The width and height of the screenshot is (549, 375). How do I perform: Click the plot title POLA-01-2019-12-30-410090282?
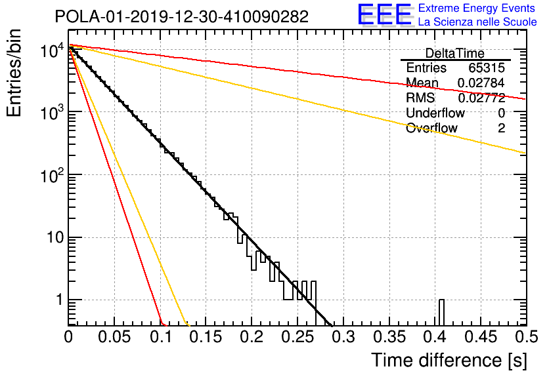pyautogui.click(x=182, y=16)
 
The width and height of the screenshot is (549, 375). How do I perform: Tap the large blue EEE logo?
pyautogui.click(x=385, y=14)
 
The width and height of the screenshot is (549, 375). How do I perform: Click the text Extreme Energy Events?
pyautogui.click(x=477, y=8)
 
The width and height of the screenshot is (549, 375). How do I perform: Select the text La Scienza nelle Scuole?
pyautogui.click(x=477, y=22)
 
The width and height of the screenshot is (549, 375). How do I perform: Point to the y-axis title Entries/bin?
pyautogui.click(x=14, y=73)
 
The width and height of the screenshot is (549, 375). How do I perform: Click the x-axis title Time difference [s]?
pyautogui.click(x=449, y=360)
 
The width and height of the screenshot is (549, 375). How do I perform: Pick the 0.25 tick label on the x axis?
pyautogui.click(x=298, y=337)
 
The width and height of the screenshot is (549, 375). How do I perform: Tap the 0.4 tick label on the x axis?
pyautogui.click(x=435, y=337)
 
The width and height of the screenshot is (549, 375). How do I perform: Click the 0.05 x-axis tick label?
pyautogui.click(x=114, y=337)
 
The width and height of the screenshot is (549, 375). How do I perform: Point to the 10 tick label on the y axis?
pyautogui.click(x=55, y=238)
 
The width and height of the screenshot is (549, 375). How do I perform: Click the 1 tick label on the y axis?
pyautogui.click(x=60, y=300)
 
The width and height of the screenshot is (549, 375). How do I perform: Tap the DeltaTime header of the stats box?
pyautogui.click(x=455, y=54)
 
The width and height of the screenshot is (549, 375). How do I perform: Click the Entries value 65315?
pyautogui.click(x=487, y=68)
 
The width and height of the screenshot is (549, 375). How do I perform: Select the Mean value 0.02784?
pyautogui.click(x=481, y=83)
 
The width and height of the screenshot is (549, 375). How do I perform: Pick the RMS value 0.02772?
pyautogui.click(x=481, y=98)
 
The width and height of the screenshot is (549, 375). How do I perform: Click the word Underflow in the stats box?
pyautogui.click(x=435, y=113)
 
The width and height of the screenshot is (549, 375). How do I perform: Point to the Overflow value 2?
pyautogui.click(x=501, y=128)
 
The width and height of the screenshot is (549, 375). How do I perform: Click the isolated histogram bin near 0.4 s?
pyautogui.click(x=441, y=313)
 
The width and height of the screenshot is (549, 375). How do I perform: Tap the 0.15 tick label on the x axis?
pyautogui.click(x=206, y=337)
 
